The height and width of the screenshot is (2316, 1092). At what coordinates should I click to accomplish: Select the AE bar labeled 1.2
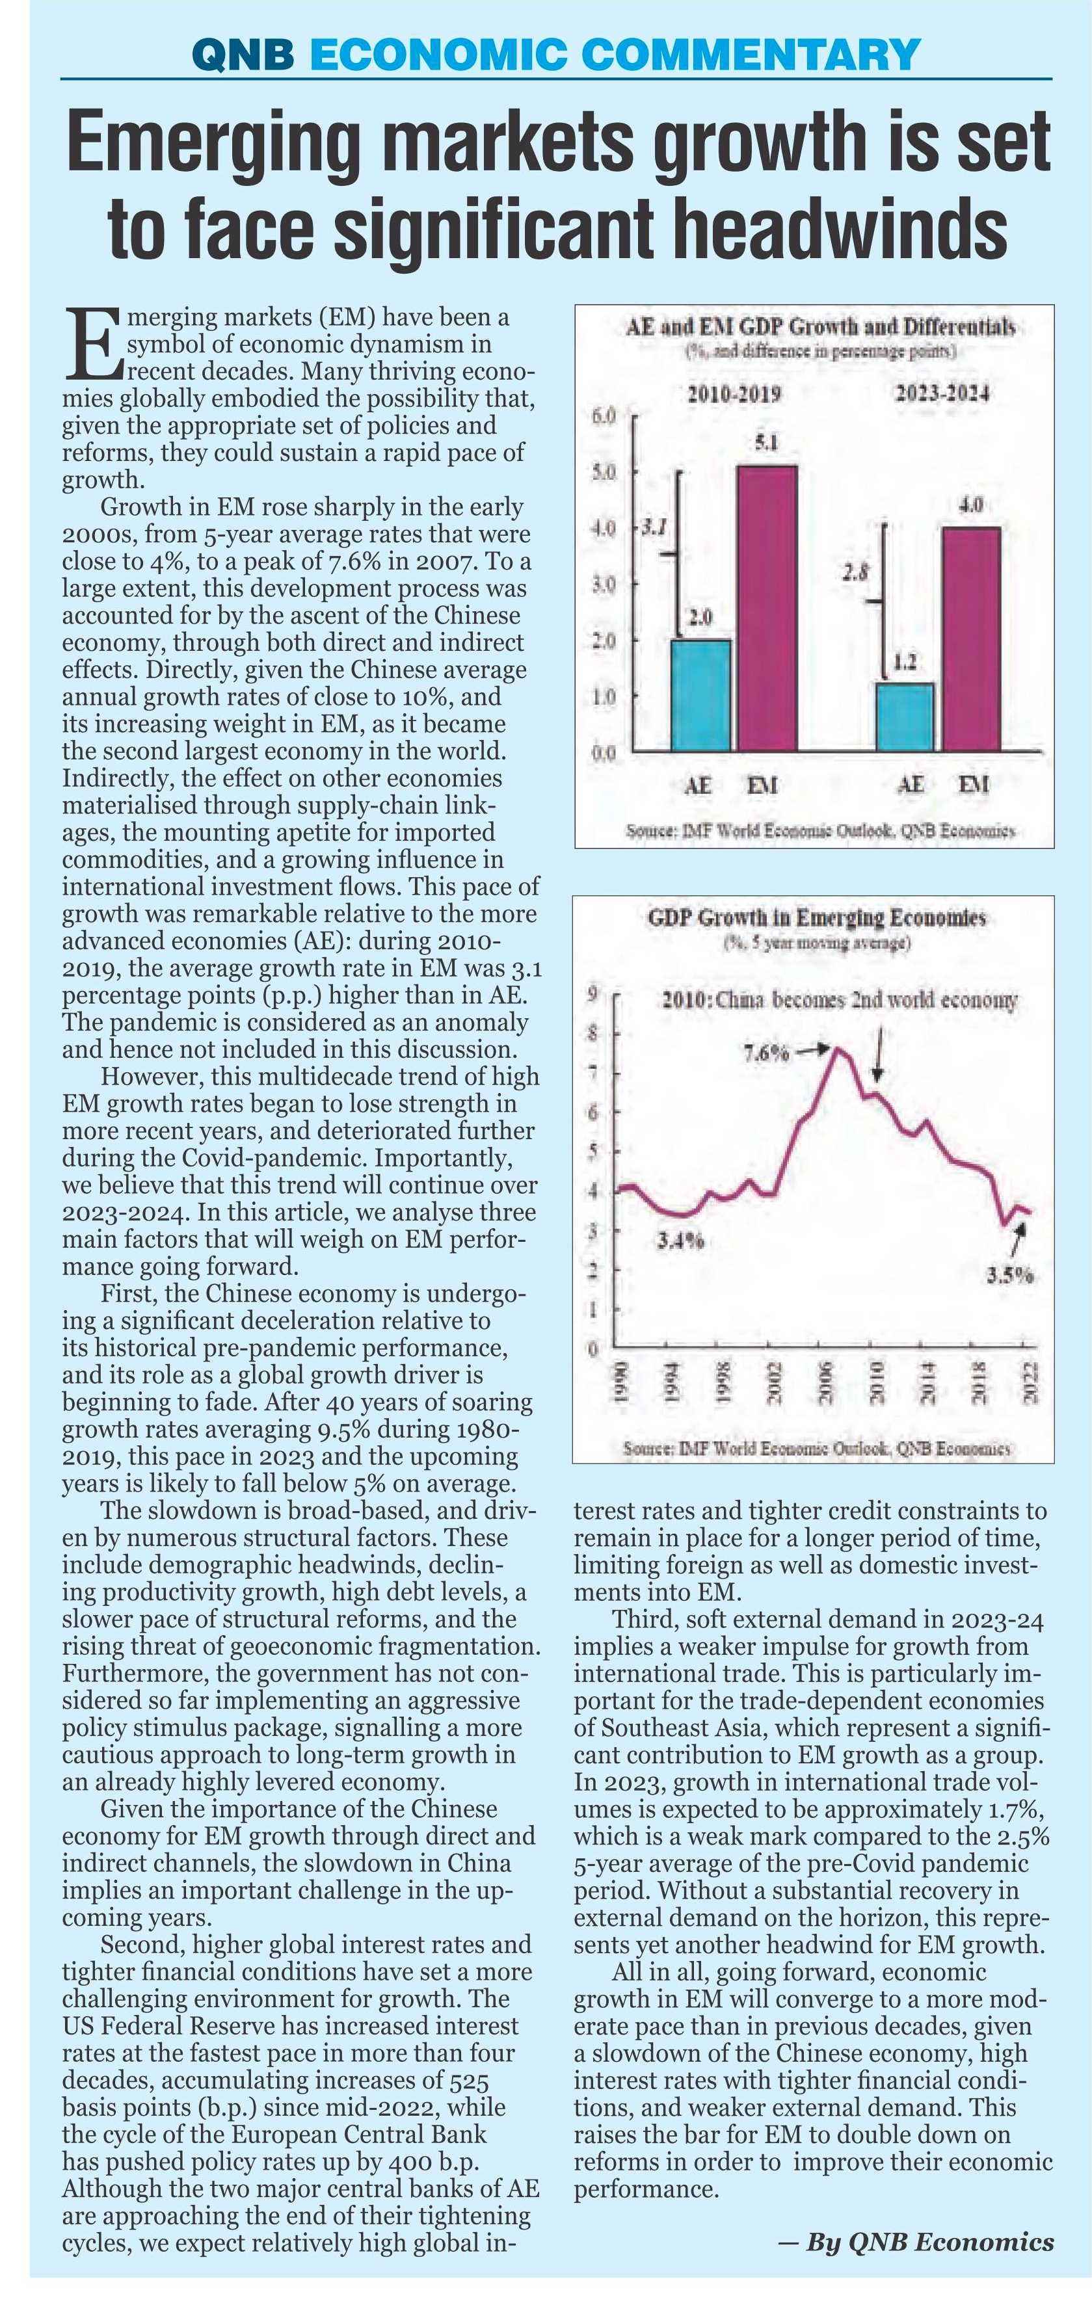905,717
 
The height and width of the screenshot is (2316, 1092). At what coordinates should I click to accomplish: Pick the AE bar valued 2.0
700,695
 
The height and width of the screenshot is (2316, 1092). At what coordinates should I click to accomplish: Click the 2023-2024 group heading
942,393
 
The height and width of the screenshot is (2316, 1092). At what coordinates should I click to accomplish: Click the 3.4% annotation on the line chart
680,1243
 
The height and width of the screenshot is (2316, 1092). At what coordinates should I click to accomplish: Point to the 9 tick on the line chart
592,994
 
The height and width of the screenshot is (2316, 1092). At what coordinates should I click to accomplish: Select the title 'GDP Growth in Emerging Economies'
817,918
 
